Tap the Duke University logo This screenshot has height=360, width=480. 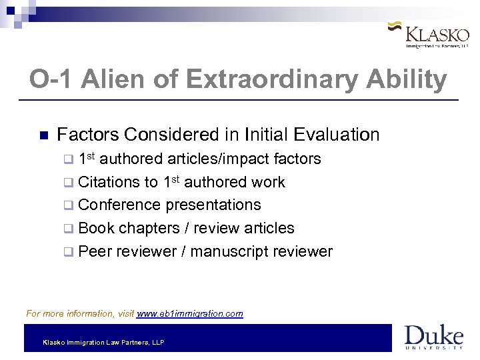pyautogui.click(x=433, y=337)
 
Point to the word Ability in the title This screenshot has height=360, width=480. pyautogui.click(x=413, y=80)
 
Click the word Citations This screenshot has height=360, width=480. pyautogui.click(x=109, y=182)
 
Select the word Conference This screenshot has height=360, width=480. pyautogui.click(x=119, y=205)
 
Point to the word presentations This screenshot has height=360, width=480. pyautogui.click(x=213, y=205)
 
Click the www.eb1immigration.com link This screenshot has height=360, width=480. pyautogui.click(x=189, y=313)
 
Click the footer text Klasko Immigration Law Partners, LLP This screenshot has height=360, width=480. pyautogui.click(x=103, y=343)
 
